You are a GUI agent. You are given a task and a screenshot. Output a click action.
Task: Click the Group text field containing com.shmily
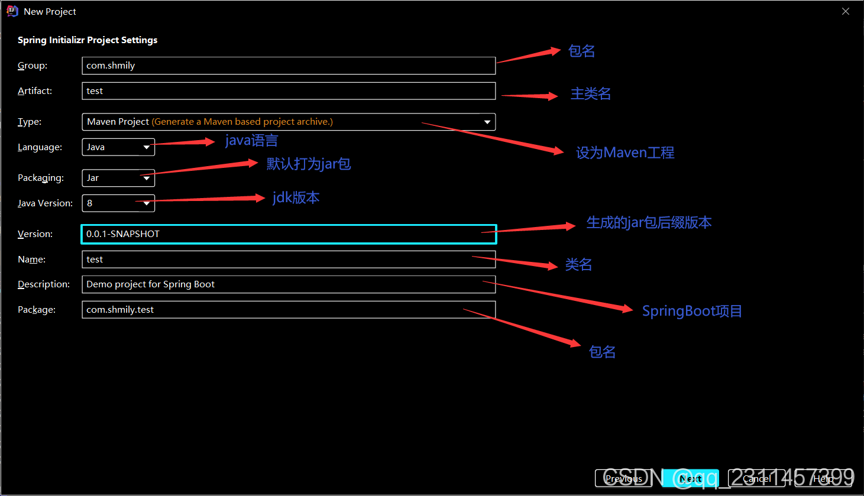[288, 66]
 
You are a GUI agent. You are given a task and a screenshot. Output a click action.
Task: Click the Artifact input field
[288, 91]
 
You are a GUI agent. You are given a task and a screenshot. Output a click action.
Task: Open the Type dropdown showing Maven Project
[288, 122]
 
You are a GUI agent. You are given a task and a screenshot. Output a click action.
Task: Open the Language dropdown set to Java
[118, 147]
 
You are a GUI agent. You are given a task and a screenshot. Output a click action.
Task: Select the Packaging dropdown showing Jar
[118, 178]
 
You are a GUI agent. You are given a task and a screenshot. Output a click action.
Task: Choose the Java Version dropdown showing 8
[118, 203]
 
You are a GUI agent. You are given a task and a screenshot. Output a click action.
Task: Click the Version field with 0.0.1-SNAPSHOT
[288, 234]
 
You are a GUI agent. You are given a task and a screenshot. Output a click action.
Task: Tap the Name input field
[288, 260]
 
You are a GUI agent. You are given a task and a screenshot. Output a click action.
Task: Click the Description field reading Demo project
[288, 284]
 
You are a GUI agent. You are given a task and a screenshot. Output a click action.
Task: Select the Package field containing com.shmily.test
[288, 310]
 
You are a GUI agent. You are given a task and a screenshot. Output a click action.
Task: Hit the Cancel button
[756, 478]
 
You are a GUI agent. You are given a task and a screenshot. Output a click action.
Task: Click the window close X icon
[846, 11]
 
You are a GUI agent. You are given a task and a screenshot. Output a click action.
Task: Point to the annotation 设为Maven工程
[625, 153]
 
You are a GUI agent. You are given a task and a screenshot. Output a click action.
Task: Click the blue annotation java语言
[251, 141]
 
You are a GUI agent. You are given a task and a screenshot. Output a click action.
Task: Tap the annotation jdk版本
[296, 197]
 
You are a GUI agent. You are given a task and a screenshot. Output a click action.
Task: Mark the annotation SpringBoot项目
[692, 311]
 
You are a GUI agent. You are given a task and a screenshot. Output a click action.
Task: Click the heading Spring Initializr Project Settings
[88, 40]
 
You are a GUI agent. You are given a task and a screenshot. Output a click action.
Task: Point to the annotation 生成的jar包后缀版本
[649, 223]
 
